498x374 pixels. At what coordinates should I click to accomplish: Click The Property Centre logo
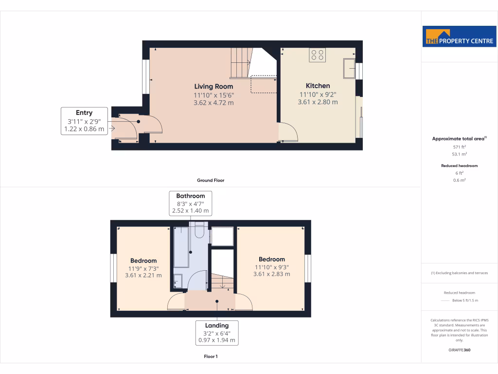[459, 36]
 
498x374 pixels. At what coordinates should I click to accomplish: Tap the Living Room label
[214, 86]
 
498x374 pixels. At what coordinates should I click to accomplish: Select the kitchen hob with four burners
[318, 55]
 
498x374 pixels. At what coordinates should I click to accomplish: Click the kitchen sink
[349, 68]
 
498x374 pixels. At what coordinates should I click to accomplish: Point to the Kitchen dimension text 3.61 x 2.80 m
[318, 102]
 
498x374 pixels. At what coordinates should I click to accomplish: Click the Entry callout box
[84, 121]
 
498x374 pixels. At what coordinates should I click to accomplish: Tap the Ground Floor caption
[210, 180]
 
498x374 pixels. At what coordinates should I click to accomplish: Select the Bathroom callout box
[191, 204]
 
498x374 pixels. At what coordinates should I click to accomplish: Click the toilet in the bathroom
[198, 230]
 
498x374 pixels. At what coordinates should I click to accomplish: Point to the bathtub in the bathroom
[181, 246]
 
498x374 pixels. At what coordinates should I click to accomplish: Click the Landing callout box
[217, 333]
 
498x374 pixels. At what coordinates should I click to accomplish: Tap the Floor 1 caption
[210, 356]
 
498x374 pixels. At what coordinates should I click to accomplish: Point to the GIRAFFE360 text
[459, 350]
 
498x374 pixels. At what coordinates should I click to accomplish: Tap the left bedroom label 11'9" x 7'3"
[143, 268]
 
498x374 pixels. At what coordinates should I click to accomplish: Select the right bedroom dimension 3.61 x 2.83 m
[271, 274]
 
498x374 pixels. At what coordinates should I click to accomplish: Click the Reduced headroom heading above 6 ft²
[459, 166]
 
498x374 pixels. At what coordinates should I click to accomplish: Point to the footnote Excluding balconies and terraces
[459, 273]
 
